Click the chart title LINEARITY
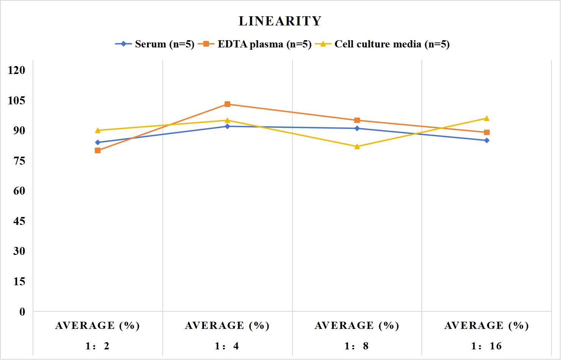pyautogui.click(x=280, y=21)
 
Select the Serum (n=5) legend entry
pyautogui.click(x=155, y=44)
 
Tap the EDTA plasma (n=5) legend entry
pyautogui.click(x=255, y=44)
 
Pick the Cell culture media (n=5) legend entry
pyautogui.click(x=382, y=44)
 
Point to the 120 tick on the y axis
pyautogui.click(x=17, y=70)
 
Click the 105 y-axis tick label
pyautogui.click(x=17, y=100)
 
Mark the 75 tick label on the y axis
pyautogui.click(x=19, y=160)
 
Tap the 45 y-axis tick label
pyautogui.click(x=19, y=221)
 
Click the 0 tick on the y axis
pyautogui.click(x=22, y=312)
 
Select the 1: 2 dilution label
pyautogui.click(x=97, y=346)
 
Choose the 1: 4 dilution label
pyautogui.click(x=227, y=346)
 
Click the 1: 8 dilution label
pyautogui.click(x=357, y=346)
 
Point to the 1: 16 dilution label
pyautogui.click(x=486, y=346)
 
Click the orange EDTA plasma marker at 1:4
pyautogui.click(x=228, y=104)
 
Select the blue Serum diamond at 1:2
pyautogui.click(x=98, y=142)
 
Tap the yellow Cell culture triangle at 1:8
pyautogui.click(x=357, y=146)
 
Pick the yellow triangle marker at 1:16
pyautogui.click(x=487, y=118)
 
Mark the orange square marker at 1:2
pyautogui.click(x=98, y=150)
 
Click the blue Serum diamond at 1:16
pyautogui.click(x=487, y=140)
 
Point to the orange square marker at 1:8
pyautogui.click(x=357, y=120)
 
